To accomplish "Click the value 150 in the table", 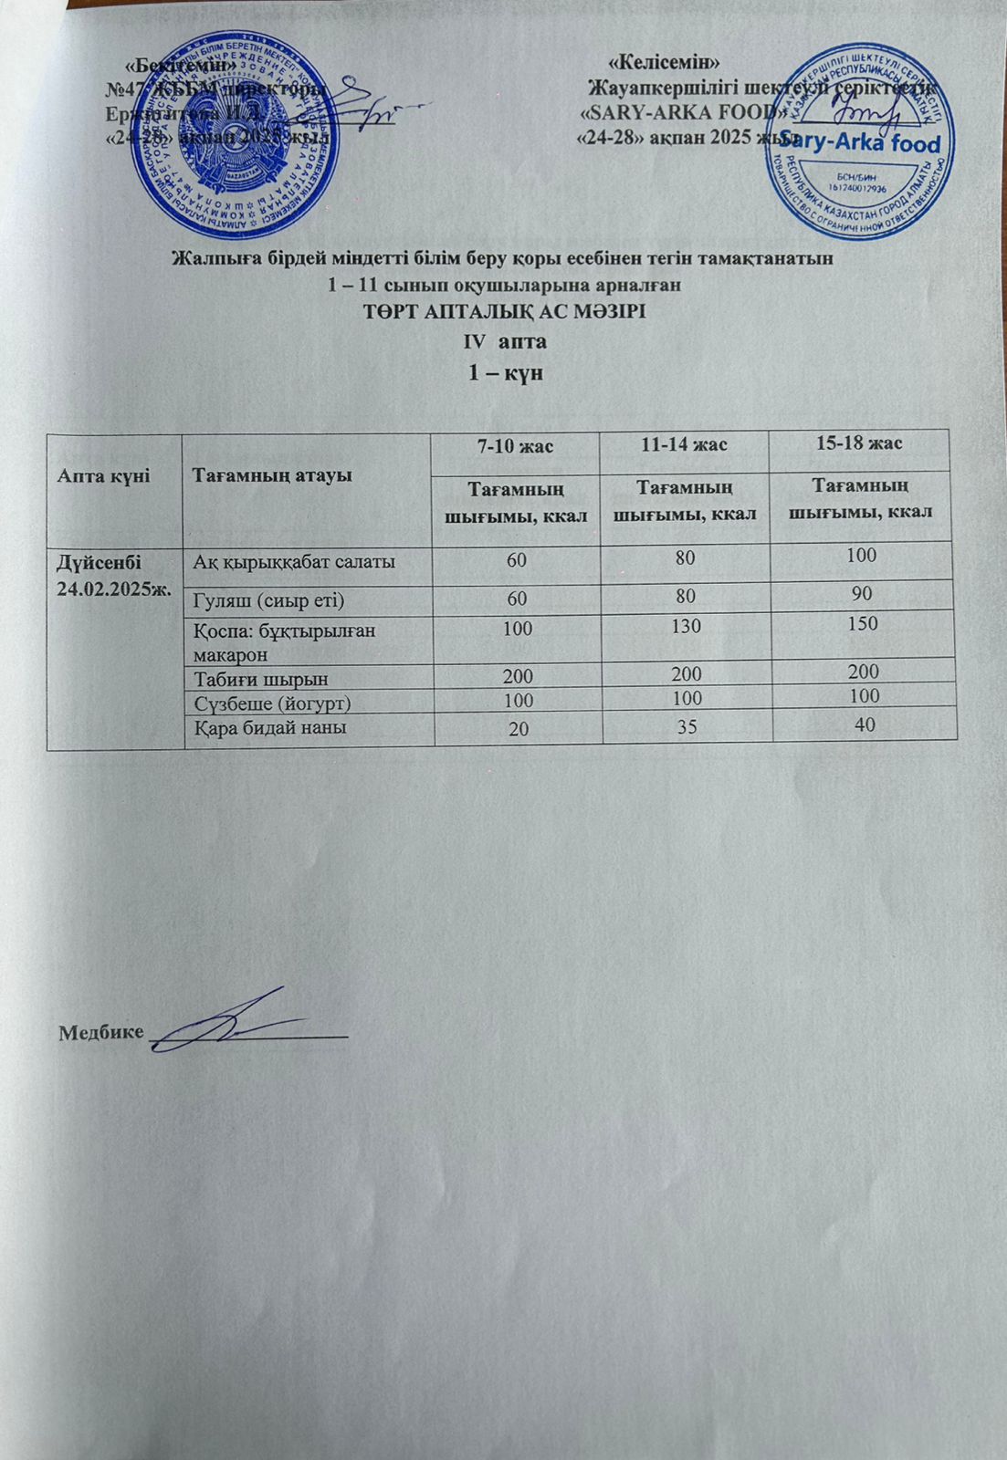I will [x=862, y=623].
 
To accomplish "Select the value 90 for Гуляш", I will [x=862, y=594].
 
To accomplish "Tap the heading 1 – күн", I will [x=506, y=373].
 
